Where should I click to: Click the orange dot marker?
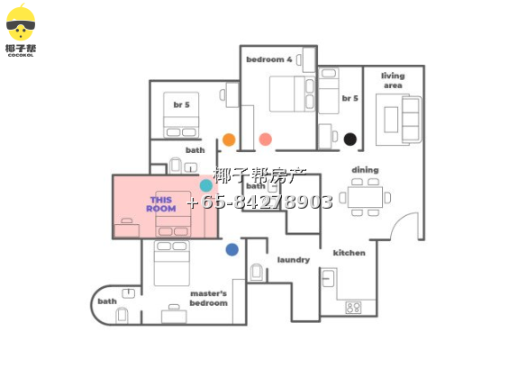click(229, 139)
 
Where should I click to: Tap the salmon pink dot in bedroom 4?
click(265, 139)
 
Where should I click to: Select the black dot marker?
click(350, 139)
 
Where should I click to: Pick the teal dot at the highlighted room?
click(206, 185)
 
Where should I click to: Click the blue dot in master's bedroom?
click(232, 250)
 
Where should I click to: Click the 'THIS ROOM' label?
click(161, 204)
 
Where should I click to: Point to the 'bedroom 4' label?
click(269, 59)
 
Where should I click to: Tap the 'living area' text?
click(393, 80)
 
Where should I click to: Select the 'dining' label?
click(365, 170)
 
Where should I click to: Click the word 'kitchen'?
click(350, 253)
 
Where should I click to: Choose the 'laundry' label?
click(294, 260)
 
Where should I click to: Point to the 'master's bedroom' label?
click(208, 298)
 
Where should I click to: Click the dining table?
click(366, 197)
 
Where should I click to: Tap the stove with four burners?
click(353, 308)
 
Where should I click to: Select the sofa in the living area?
click(412, 120)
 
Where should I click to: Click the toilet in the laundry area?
click(257, 272)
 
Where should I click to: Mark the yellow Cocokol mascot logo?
click(21, 23)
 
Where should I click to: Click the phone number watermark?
click(259, 202)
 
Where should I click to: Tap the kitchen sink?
click(328, 278)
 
